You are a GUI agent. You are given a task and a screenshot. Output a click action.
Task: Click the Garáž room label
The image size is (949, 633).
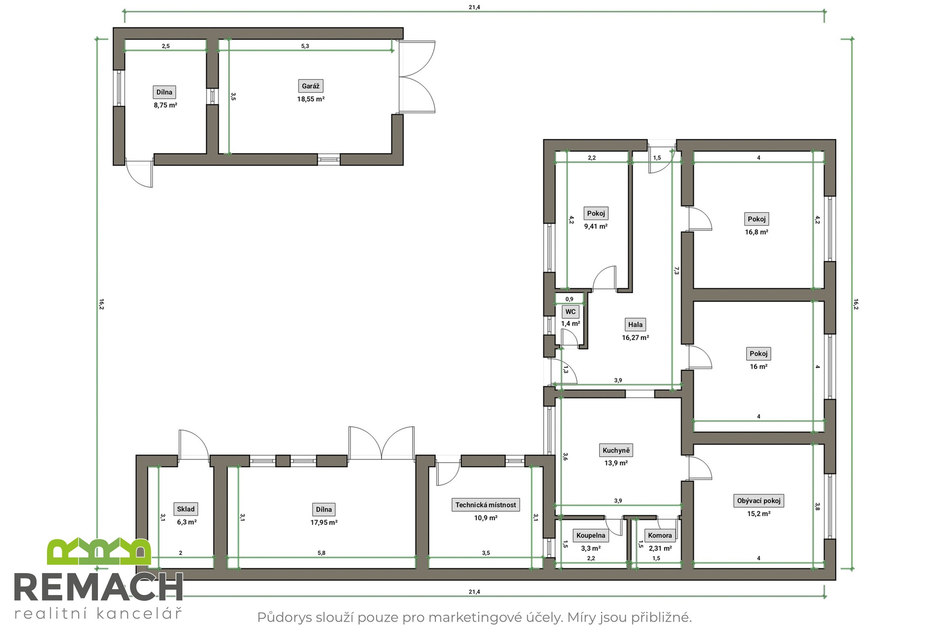pos(310,86)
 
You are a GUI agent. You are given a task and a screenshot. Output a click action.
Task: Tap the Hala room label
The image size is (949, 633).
pos(635,325)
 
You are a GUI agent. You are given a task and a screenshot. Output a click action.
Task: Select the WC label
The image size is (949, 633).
pos(570,312)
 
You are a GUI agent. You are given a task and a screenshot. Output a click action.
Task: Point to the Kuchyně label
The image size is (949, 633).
pos(616,451)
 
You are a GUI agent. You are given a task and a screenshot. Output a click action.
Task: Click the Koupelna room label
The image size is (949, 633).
pos(591,535)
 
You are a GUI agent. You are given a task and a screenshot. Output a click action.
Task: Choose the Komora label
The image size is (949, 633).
pos(660,535)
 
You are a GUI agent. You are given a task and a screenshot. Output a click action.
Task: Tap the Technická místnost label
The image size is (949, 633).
pos(485,505)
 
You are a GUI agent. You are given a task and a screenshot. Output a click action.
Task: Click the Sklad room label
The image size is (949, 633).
pos(186,509)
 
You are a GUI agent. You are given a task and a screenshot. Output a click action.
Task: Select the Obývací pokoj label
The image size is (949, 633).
pos(759,500)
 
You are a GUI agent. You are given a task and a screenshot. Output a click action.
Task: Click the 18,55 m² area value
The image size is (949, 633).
pos(310,99)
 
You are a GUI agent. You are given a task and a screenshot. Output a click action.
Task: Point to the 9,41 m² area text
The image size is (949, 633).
pos(596,226)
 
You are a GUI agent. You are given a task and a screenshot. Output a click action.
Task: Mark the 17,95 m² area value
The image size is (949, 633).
pos(324,522)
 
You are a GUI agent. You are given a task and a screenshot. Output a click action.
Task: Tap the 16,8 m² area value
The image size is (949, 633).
pos(756,232)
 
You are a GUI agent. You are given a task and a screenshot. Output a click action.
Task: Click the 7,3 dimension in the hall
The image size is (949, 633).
pos(676,271)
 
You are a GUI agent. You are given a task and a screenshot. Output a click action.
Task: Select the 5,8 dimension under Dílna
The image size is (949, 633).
pos(321,553)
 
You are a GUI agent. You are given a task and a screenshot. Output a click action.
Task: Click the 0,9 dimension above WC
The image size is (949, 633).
pos(569,299)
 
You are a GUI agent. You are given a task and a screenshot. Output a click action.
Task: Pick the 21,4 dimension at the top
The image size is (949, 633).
pos(474,7)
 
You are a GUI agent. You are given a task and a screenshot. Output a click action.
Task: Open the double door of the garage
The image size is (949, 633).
pos(417,77)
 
